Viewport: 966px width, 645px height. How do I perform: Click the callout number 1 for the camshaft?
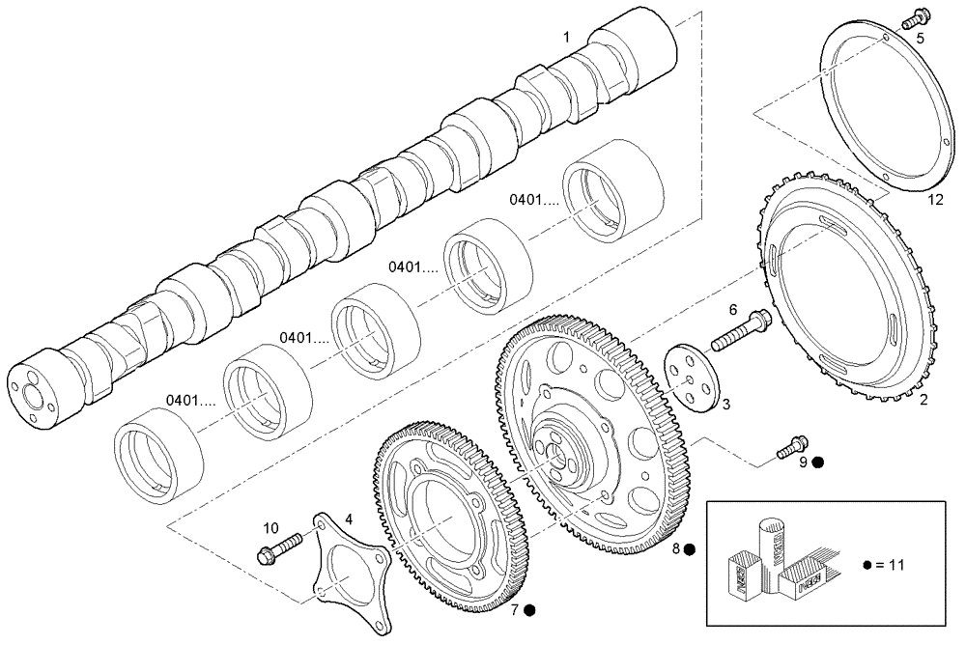(x=567, y=37)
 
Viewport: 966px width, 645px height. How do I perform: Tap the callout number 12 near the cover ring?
(x=934, y=200)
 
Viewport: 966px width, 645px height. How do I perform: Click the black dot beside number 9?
(x=817, y=463)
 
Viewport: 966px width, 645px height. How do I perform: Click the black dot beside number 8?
(x=690, y=549)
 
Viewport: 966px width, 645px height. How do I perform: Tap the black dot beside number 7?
(x=531, y=609)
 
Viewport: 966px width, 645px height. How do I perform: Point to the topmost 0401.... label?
(x=535, y=201)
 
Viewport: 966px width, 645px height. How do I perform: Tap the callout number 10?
(x=270, y=527)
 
